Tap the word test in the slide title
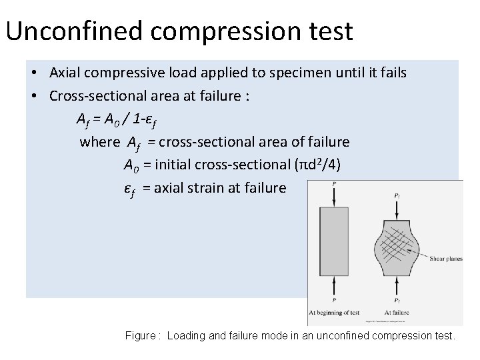coord(327,31)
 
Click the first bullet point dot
coord(33,73)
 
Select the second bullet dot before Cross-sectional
coord(33,96)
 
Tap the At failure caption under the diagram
coord(399,312)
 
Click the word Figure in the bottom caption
coord(140,336)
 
